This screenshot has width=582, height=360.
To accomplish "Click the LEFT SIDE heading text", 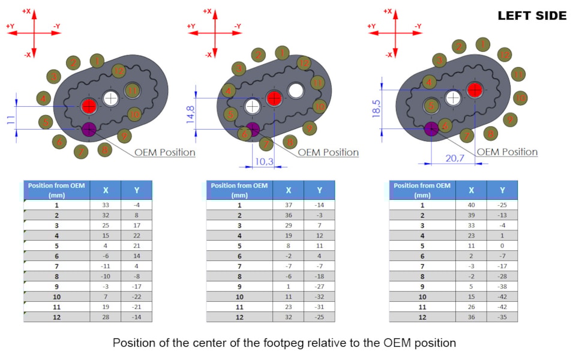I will [532, 16].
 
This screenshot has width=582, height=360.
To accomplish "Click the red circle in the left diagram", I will [89, 106].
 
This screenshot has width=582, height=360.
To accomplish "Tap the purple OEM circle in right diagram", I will [430, 128].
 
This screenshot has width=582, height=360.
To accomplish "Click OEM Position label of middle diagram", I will [328, 152].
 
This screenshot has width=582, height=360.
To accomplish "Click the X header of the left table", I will [106, 190].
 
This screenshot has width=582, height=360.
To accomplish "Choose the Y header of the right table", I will [502, 190].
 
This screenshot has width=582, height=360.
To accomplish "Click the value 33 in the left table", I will [106, 205].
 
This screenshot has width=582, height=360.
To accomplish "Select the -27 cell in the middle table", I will [319, 286].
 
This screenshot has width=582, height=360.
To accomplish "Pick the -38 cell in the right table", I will [502, 286].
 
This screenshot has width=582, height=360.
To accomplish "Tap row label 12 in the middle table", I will [239, 317].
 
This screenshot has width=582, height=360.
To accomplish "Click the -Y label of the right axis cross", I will [419, 26].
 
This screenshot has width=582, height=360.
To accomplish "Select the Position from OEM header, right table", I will [422, 190].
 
